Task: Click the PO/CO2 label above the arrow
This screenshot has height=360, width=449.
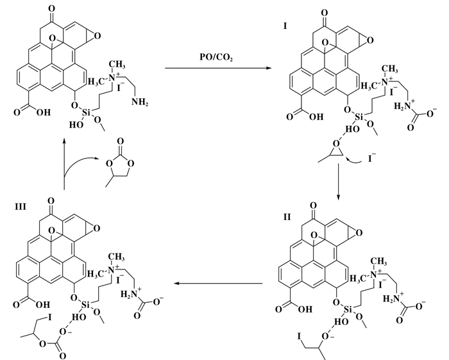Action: [x=216, y=57]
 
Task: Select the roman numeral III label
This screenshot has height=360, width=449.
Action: [x=21, y=207]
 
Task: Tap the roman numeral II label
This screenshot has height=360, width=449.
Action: [x=287, y=217]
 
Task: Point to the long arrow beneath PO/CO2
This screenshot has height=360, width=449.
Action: [x=218, y=68]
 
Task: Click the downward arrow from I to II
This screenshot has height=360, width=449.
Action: [x=338, y=182]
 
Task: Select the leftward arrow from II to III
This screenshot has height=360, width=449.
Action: [x=219, y=284]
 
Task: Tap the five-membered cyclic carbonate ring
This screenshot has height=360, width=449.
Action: [x=120, y=167]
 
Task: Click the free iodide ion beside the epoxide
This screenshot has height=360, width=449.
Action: [x=371, y=159]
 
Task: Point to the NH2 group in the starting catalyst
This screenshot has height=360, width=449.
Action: [x=139, y=102]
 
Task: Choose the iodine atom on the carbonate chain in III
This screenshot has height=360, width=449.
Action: [x=50, y=318]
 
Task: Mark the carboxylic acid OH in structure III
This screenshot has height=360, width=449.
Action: [x=43, y=305]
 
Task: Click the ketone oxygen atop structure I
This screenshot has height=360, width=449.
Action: [x=324, y=13]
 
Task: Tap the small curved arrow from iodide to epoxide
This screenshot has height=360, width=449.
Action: [x=354, y=161]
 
